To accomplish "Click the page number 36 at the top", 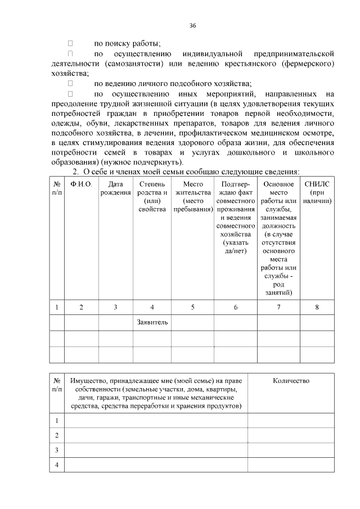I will click(x=193, y=25).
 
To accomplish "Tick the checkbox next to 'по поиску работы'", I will click(x=71, y=43).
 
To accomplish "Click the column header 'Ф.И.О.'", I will click(x=81, y=184).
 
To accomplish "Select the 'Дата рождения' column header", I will click(x=115, y=188).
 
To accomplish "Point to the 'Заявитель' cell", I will click(x=152, y=322).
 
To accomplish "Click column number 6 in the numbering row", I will click(x=236, y=307).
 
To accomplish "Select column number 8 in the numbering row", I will click(x=317, y=307).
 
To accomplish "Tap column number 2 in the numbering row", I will click(x=81, y=307).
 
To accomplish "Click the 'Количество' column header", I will click(x=291, y=381).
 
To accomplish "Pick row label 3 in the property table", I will click(x=57, y=450).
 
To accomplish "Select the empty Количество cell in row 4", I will click(x=291, y=465).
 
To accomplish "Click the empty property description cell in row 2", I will click(x=156, y=435).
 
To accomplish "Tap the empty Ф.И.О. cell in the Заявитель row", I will click(x=81, y=322).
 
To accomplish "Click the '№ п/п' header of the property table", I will click(x=57, y=385).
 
